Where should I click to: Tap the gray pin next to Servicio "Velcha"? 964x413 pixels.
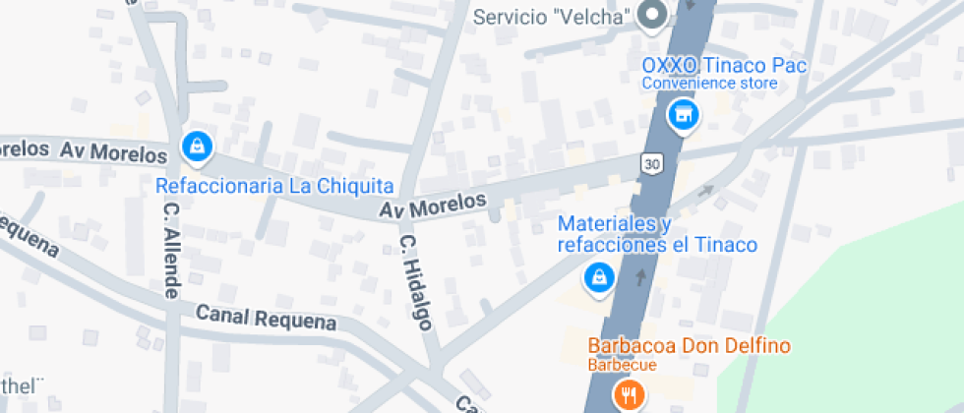[651, 15]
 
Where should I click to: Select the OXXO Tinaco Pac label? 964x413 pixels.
[724, 66]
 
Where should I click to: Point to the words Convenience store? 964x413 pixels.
[709, 84]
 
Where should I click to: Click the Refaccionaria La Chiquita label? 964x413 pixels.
[274, 186]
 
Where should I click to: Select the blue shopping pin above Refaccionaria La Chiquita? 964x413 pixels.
[197, 147]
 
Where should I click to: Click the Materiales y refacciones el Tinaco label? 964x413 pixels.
[657, 234]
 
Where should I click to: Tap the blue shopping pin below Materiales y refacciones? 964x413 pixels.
[597, 280]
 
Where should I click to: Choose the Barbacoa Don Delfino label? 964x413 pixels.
[690, 346]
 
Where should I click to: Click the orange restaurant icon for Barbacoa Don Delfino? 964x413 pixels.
[627, 395]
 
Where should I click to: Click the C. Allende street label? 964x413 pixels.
[171, 251]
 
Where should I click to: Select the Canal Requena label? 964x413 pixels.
[266, 318]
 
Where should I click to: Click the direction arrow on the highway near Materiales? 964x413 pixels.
[642, 277]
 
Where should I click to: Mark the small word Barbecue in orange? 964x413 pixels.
[623, 365]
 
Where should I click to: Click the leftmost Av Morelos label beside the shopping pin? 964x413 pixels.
[114, 152]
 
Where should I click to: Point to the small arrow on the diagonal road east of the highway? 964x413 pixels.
[705, 191]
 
